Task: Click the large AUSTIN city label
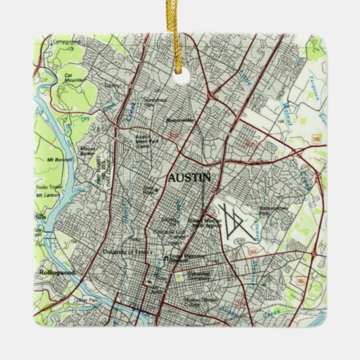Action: click(190, 177)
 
